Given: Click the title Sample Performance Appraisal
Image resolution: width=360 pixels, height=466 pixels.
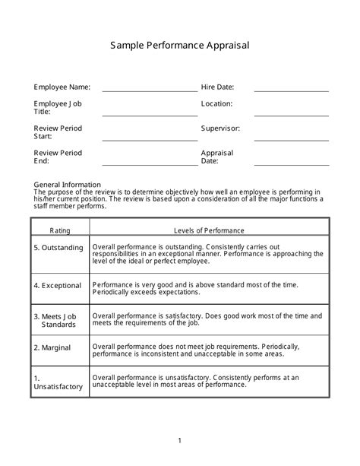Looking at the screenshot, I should (x=180, y=46).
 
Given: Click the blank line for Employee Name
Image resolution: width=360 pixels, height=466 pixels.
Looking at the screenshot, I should (x=149, y=90).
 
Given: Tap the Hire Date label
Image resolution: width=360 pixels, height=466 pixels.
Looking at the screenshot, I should (x=217, y=87).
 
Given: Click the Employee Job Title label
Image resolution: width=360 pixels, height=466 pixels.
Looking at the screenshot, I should (x=58, y=107).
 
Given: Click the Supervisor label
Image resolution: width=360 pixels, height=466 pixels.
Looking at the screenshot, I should (x=220, y=128).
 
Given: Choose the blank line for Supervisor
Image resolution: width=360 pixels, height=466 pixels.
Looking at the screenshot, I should (x=292, y=139).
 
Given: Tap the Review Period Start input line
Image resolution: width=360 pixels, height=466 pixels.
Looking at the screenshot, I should (x=149, y=139).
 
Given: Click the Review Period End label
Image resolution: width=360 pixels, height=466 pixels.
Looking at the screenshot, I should (x=58, y=157).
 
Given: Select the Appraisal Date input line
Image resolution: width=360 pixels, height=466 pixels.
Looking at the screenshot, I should (x=292, y=163).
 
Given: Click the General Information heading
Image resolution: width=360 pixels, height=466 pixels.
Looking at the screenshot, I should (x=68, y=185).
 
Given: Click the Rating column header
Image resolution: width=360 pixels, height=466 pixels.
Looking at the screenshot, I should (x=60, y=229).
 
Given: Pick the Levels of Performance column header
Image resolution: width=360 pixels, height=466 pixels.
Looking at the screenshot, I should (x=210, y=229).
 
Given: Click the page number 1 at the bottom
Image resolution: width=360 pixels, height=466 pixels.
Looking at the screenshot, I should (x=180, y=440).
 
